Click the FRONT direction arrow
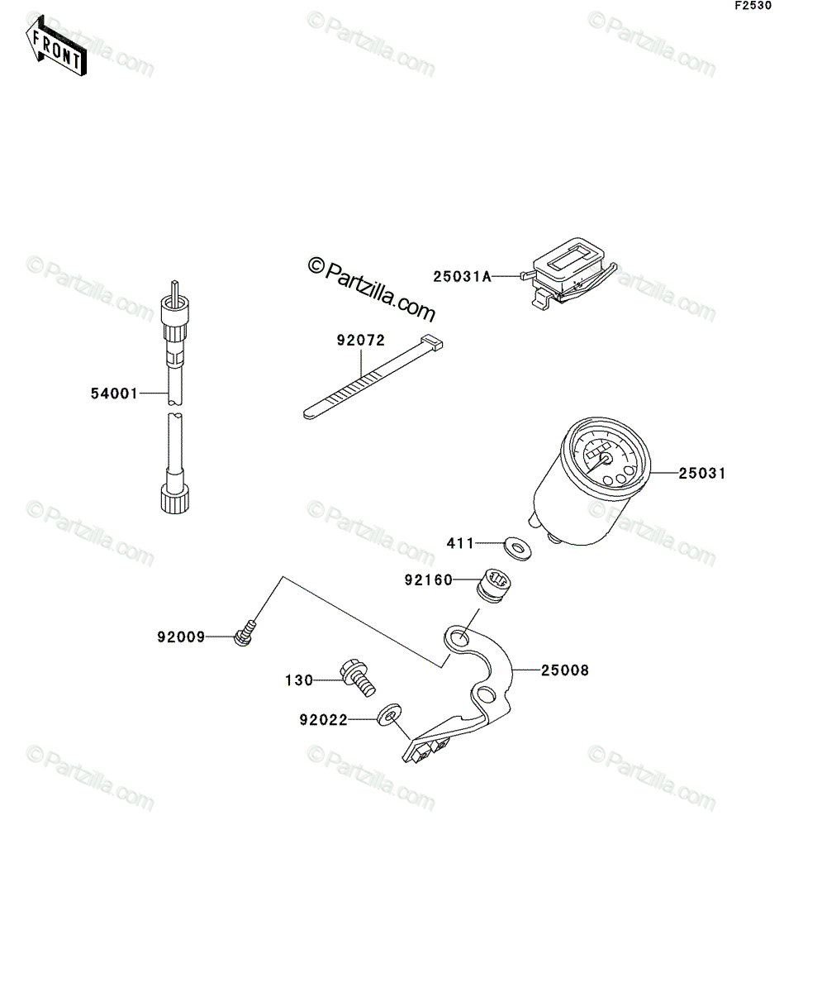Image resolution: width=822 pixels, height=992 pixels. point(56,46)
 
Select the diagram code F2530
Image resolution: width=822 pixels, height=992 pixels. point(753,6)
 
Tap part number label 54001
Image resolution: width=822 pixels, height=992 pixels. point(114,393)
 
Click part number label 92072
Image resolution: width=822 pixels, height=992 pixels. point(361,340)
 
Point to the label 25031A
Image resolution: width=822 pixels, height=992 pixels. point(462,276)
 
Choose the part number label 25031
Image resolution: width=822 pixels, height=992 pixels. point(702,473)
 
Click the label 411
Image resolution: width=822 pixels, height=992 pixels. point(461,543)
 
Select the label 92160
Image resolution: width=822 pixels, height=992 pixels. point(429,580)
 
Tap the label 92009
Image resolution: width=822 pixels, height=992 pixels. point(182,637)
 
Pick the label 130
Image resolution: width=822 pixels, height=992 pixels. point(299,680)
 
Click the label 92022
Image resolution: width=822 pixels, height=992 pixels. point(324,720)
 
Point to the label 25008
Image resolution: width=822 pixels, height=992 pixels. point(565,670)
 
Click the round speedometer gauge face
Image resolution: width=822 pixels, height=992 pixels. point(606,459)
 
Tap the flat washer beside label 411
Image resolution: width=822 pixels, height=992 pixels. point(518,548)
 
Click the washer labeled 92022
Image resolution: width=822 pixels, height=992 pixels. point(389,714)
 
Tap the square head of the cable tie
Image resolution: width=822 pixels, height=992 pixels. point(432,342)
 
